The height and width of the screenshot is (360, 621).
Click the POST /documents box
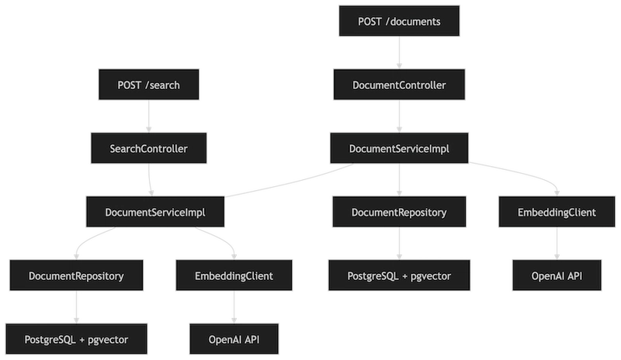click(x=399, y=22)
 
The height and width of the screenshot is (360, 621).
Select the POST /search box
click(x=148, y=85)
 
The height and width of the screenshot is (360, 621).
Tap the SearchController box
click(x=148, y=147)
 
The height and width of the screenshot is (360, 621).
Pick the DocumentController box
click(x=399, y=85)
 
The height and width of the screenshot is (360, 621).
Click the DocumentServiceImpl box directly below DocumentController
click(x=399, y=147)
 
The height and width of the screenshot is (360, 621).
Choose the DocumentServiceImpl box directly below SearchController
click(x=155, y=211)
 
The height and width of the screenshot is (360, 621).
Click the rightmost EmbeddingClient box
click(x=557, y=211)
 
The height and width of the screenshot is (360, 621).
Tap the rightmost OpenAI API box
click(x=557, y=275)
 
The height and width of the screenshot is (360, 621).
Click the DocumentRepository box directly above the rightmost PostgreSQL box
click(x=399, y=211)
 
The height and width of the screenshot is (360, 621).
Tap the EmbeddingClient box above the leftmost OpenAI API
click(x=234, y=275)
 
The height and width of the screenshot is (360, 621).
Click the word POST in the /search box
click(x=128, y=85)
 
